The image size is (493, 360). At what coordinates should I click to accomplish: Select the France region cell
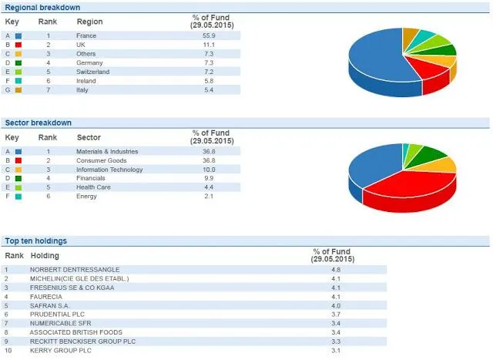pos(86,35)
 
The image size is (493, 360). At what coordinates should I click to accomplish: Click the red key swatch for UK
pos(18,45)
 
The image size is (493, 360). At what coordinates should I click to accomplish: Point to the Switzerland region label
pos(92,72)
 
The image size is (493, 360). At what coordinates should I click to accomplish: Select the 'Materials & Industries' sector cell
pos(107,151)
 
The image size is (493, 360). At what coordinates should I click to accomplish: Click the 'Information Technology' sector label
pos(109,170)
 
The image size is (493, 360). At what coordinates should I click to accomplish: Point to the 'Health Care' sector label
pos(92,187)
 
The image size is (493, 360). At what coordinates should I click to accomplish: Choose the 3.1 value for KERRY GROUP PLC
pos(335,351)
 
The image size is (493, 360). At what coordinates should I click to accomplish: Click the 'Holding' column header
pos(45,255)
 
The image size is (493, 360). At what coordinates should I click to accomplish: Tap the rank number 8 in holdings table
pos(6,332)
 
